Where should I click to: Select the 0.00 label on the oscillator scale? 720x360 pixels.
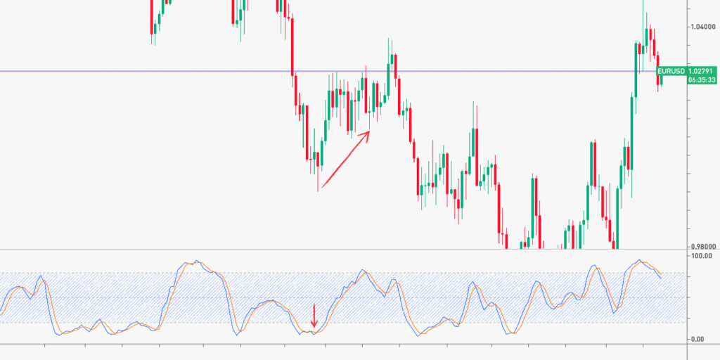click(x=699, y=340)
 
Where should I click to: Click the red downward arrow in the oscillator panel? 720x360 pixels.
click(x=314, y=316)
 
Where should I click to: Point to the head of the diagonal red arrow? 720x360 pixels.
click(x=369, y=131)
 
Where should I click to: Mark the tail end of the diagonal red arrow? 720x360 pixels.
click(x=319, y=190)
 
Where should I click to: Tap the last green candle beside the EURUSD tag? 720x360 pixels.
click(x=662, y=79)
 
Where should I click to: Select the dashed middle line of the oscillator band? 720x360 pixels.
click(x=352, y=297)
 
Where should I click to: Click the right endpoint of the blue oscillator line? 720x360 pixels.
click(x=661, y=278)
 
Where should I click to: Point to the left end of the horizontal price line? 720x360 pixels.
click(x=2, y=71)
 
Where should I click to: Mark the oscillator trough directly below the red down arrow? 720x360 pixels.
click(x=314, y=332)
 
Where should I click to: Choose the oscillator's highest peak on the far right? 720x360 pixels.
click(x=638, y=260)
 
